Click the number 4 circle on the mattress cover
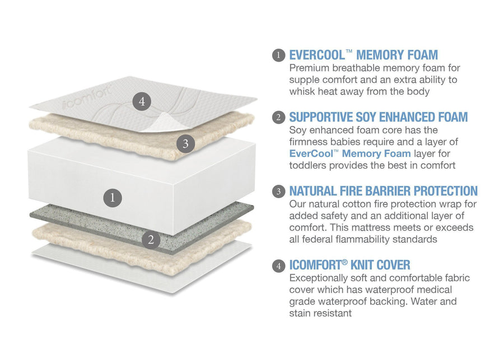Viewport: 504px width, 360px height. [142, 101]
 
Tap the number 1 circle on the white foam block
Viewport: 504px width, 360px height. [113, 197]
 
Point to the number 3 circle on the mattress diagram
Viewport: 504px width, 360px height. [185, 143]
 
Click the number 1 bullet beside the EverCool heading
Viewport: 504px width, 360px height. [279, 55]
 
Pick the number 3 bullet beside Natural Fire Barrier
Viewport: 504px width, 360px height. [279, 191]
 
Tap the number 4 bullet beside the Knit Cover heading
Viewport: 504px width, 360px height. [279, 265]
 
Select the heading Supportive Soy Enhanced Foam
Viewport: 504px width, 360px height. [378, 117]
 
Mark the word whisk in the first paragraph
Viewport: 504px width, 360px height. [304, 91]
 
